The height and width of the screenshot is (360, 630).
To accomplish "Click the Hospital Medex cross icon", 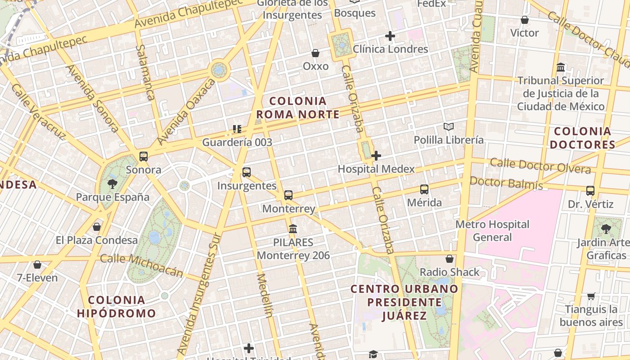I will coord(376,156).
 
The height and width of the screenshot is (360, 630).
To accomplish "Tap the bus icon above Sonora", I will coord(144,157).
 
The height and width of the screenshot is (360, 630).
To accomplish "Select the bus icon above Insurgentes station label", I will coord(246,172).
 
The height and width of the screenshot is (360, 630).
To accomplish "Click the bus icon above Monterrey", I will coord(288,195).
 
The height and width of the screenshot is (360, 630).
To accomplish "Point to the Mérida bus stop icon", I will coord(424,189).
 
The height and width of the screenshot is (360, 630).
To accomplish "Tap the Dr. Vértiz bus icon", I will coord(590,191).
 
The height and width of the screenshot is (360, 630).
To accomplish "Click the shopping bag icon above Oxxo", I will coord(315,53).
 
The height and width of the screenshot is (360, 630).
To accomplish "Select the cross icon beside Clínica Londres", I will coord(390,36).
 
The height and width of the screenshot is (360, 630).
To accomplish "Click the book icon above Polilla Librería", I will coord(448,126).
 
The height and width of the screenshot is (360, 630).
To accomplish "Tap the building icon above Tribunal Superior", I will coord(561,67).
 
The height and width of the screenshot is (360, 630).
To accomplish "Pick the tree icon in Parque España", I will coord(112,184).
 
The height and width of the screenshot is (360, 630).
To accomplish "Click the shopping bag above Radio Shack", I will coord(449,259).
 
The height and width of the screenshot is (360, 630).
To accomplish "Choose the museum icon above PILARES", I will coord(293,229).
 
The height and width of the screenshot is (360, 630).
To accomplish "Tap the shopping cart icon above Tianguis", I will coord(591,296).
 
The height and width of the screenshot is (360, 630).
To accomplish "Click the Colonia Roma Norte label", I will coord(298,108).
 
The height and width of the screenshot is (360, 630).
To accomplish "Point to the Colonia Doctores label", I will coord(582,138).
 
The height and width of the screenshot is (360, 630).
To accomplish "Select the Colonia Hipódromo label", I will coord(117,306).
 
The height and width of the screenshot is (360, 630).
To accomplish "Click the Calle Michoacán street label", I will coord(142,265).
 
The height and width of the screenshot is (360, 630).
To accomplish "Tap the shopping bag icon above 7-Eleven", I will coord(37,265).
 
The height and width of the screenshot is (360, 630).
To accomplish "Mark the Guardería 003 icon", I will coord(237,129).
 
